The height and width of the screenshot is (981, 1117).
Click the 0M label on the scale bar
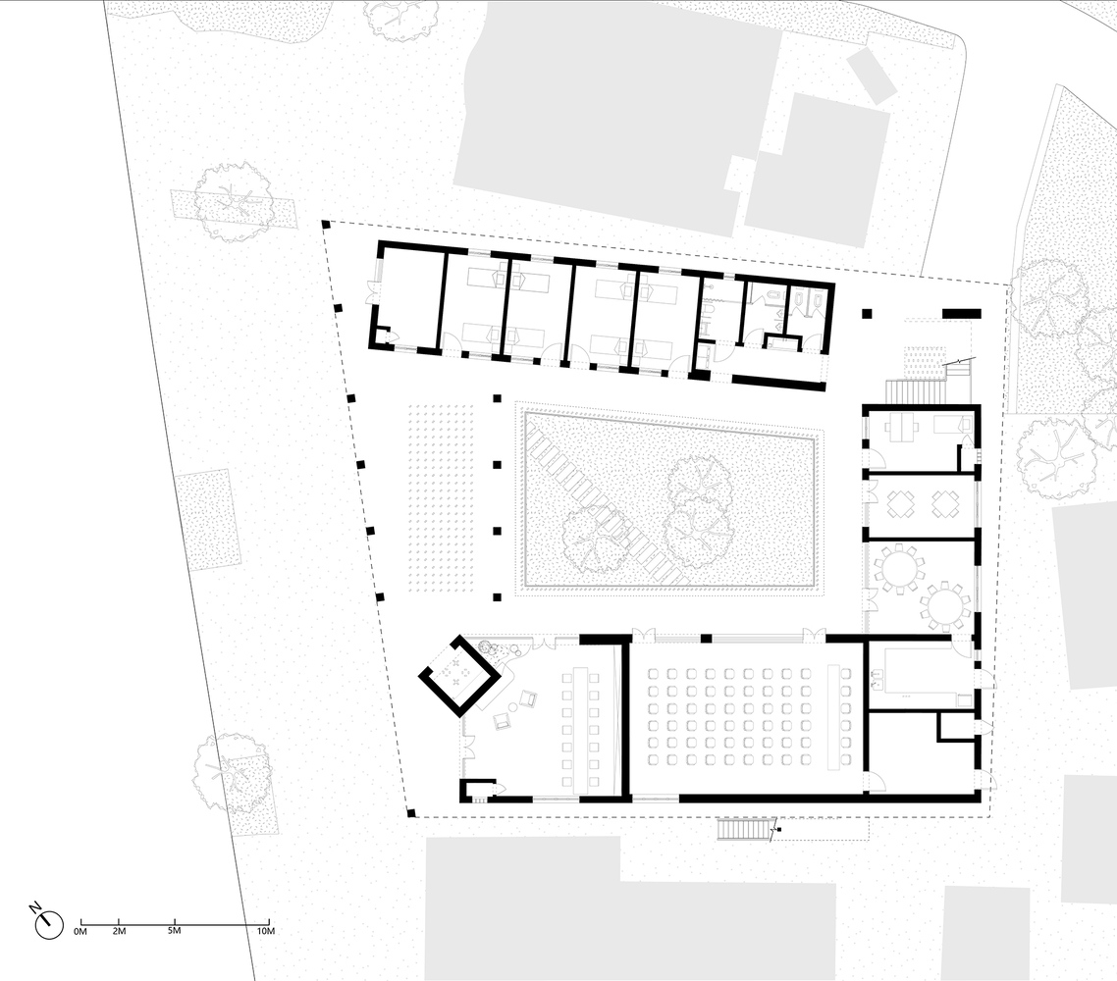tap(80, 930)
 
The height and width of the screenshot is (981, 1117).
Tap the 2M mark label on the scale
tap(119, 930)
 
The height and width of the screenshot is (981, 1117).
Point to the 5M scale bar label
tap(174, 930)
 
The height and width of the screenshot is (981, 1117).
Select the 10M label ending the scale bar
tap(265, 930)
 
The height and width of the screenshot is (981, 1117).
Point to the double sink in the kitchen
tap(876, 679)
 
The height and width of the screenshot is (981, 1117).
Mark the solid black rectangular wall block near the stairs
tap(962, 313)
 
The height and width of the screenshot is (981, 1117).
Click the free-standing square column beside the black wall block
tap(867, 313)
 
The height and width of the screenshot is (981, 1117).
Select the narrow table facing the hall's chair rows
tap(835, 715)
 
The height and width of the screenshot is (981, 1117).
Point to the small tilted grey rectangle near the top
tap(872, 75)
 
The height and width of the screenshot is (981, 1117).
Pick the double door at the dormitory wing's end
tap(373, 292)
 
